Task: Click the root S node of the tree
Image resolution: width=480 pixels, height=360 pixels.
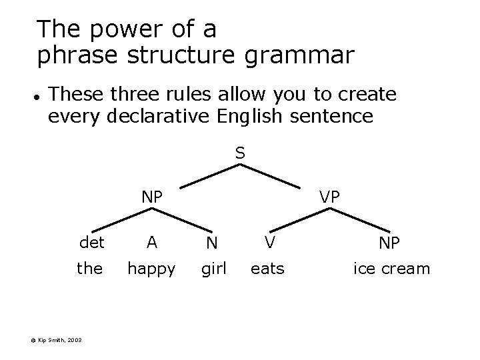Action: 240,153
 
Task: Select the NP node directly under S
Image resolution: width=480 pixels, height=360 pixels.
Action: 152,197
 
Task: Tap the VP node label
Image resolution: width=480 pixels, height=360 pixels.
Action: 329,197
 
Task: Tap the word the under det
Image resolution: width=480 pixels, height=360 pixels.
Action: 90,269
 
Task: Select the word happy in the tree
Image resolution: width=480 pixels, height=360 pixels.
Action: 152,269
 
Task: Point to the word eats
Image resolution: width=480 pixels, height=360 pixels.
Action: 267,269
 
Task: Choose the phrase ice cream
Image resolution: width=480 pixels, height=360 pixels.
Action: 392,269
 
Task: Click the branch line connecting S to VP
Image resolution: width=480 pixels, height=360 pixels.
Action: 275,177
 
